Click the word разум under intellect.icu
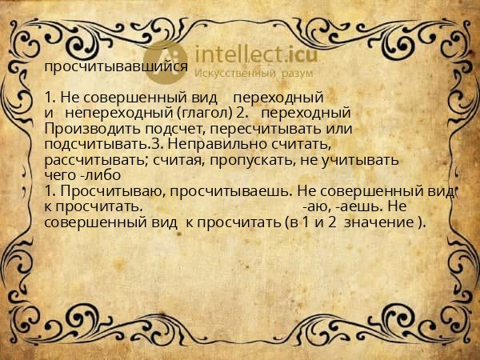[x=297, y=73]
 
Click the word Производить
[x=83, y=128]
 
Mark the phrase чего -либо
[x=82, y=174]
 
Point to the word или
[x=341, y=128]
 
